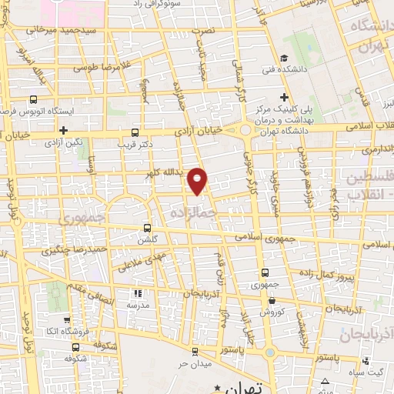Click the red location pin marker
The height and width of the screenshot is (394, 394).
[x=199, y=181]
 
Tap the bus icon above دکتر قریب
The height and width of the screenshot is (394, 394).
[x=135, y=132]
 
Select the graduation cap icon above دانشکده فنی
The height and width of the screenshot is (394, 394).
[x=284, y=58]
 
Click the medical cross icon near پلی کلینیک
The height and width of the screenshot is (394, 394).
[x=284, y=97]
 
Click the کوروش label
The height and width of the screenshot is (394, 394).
[x=272, y=312]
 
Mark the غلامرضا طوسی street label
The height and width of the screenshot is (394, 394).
[x=101, y=67]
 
